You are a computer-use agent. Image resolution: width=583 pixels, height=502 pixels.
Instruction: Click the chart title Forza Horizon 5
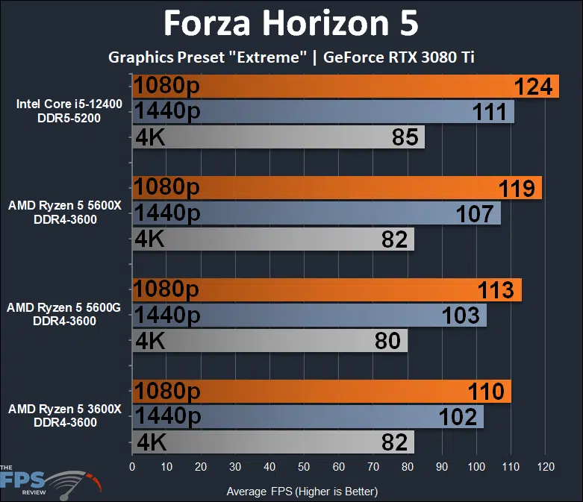291,25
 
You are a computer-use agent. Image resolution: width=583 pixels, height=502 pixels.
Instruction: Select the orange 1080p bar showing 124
345,86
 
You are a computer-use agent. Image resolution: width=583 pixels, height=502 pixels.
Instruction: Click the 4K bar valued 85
278,137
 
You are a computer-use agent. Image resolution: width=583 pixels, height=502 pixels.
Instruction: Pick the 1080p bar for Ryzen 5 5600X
336,188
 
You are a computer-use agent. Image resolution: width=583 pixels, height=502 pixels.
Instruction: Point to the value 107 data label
475,214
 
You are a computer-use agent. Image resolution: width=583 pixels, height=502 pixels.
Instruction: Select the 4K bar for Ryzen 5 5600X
272,239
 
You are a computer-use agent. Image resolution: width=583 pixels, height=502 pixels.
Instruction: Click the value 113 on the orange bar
495,289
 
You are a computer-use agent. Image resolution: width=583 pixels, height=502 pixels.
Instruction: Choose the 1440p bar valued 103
309,316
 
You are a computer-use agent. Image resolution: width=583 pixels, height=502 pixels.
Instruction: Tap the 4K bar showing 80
269,341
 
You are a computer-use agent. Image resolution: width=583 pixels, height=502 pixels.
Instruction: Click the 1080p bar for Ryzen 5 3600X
321,392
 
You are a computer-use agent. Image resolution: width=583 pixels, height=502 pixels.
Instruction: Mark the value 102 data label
459,417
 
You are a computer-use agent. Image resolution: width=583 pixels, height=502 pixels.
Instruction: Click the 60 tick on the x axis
339,468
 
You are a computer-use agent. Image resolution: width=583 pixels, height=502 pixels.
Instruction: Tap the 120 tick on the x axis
545,468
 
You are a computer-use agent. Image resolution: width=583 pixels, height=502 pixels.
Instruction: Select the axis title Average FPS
302,491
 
